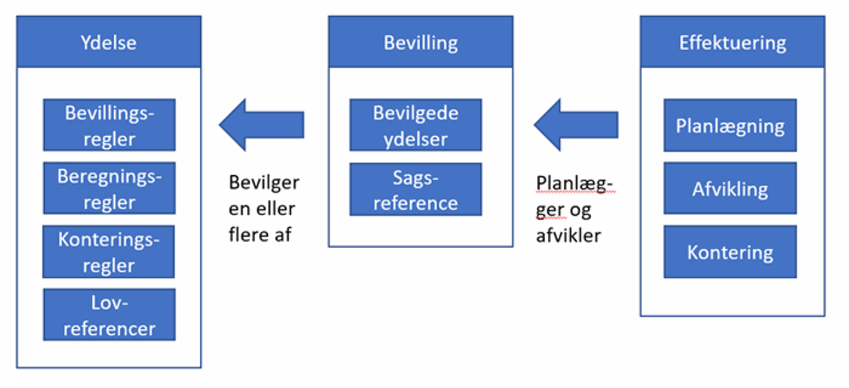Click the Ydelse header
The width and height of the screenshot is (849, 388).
(x=109, y=42)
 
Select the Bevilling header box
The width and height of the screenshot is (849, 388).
(x=420, y=42)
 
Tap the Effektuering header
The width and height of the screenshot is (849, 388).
(x=732, y=42)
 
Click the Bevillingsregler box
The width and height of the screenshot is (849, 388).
(x=109, y=125)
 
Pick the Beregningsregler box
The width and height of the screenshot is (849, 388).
(x=109, y=188)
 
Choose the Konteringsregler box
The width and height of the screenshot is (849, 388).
(x=109, y=252)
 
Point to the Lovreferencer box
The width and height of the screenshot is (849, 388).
(x=109, y=315)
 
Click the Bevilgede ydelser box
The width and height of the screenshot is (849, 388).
(x=416, y=125)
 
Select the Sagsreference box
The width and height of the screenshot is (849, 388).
(x=416, y=190)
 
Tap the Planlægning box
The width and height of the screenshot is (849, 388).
(x=730, y=126)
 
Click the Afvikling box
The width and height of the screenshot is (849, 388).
(x=730, y=189)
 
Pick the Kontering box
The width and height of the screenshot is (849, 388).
(x=730, y=252)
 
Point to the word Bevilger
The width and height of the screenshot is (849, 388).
(x=264, y=182)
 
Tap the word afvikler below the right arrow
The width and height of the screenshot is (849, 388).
(x=568, y=236)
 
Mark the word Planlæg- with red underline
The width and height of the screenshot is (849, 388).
(x=575, y=184)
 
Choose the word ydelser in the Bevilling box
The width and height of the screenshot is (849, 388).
(x=416, y=139)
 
